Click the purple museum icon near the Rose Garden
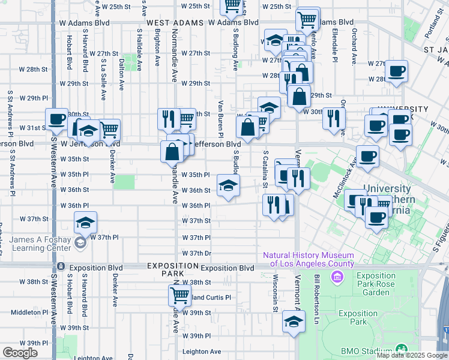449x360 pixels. click(336, 278)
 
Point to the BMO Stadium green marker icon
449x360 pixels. click(400, 349)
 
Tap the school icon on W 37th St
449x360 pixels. click(86, 224)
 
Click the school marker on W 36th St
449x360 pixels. click(228, 185)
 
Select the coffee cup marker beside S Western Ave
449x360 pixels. click(57, 119)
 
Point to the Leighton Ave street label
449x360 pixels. click(202, 352)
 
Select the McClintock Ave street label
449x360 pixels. click(346, 178)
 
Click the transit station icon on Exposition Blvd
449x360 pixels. click(61, 267)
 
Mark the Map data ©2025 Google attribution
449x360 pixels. click(412, 355)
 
